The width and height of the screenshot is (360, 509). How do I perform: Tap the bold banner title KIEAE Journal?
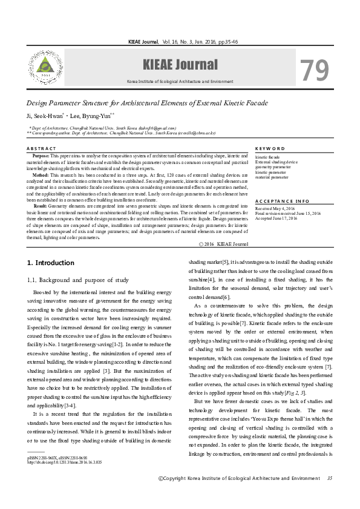click(x=180, y=65)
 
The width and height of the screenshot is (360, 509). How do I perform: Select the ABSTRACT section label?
click(x=42, y=148)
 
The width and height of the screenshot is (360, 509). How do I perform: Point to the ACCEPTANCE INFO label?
click(x=282, y=200)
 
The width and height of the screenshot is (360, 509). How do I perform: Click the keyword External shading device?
click(x=276, y=162)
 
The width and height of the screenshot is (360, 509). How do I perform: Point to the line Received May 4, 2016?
click(x=274, y=208)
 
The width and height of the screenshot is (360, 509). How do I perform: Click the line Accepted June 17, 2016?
click(x=276, y=218)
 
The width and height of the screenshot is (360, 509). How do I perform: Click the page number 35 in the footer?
click(x=329, y=479)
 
